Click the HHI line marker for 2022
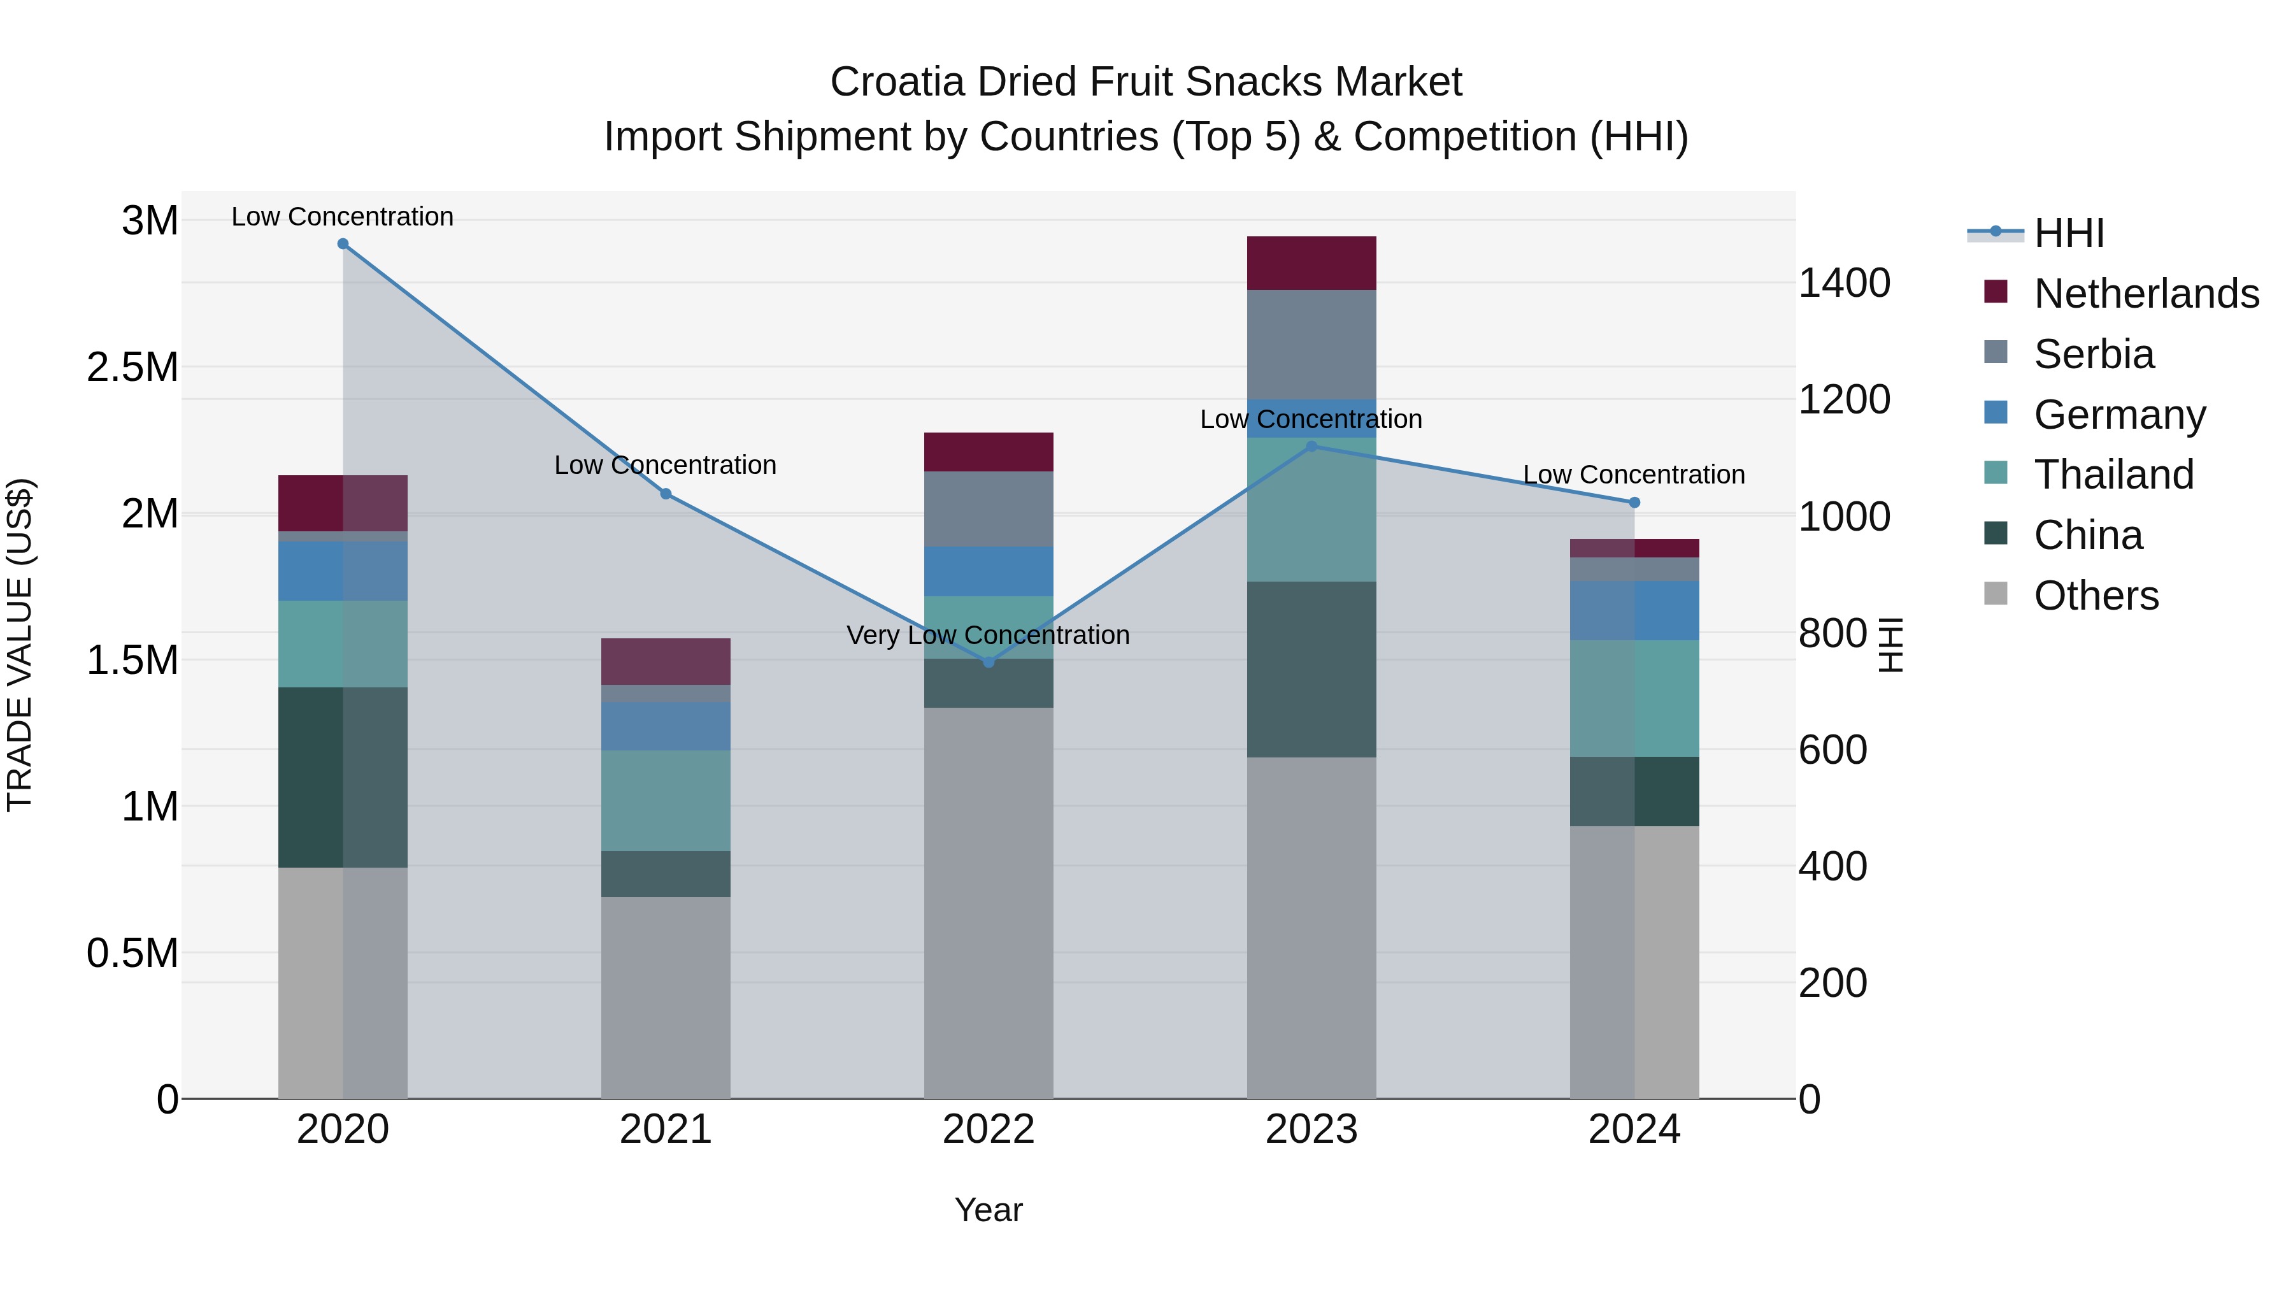pyautogui.click(x=988, y=661)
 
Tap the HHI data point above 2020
pyautogui.click(x=343, y=243)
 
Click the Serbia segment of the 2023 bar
pyautogui.click(x=1311, y=345)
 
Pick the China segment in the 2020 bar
pyautogui.click(x=343, y=777)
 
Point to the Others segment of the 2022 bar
pyautogui.click(x=988, y=902)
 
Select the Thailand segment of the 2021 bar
pyautogui.click(x=665, y=799)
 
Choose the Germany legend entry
pyautogui.click(x=2118, y=415)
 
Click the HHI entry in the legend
pyautogui.click(x=2068, y=233)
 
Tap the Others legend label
pyautogui.click(x=2096, y=596)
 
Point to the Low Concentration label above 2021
pyautogui.click(x=665, y=465)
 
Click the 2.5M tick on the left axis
pyautogui.click(x=132, y=367)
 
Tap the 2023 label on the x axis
pyautogui.click(x=1311, y=1129)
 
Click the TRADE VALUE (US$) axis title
pyautogui.click(x=20, y=645)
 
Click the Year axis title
pyautogui.click(x=988, y=1210)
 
